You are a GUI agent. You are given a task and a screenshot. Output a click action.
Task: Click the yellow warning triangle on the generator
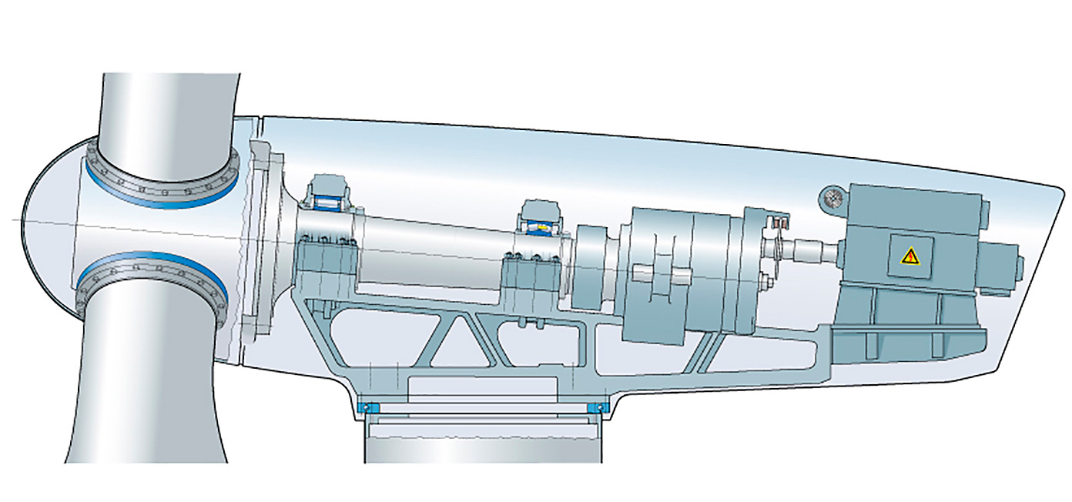[x=910, y=256]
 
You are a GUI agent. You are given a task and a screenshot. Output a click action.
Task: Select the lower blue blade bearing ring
[x=154, y=266]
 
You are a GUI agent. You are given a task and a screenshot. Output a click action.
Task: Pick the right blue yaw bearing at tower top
[x=595, y=407]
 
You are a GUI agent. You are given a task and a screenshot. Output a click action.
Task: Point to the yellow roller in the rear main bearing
[x=542, y=227]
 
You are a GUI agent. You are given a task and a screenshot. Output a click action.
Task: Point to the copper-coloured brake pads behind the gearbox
[x=780, y=224]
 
